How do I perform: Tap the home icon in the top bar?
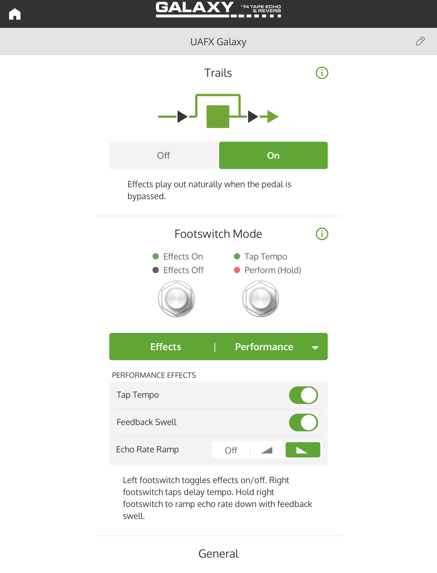tap(15, 14)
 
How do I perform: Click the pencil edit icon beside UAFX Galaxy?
tap(420, 41)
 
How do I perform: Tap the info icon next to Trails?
tap(322, 73)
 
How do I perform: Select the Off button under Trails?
tap(164, 155)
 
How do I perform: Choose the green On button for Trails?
tap(273, 155)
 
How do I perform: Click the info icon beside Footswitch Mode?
tap(322, 234)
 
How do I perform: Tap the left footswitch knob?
tap(176, 299)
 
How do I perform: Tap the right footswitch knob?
tap(261, 299)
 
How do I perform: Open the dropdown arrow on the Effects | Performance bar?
tap(315, 347)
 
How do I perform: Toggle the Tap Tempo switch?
tap(303, 395)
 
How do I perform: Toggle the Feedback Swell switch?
tap(303, 422)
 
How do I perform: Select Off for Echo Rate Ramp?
tap(231, 450)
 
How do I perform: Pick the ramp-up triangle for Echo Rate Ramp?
tap(267, 450)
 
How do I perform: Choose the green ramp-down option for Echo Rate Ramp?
tap(303, 450)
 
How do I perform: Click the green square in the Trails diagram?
tap(218, 117)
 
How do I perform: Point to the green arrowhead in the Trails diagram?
tap(273, 117)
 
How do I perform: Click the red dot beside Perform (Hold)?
tap(237, 270)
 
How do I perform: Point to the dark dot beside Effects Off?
tap(156, 270)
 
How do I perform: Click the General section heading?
tap(218, 554)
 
